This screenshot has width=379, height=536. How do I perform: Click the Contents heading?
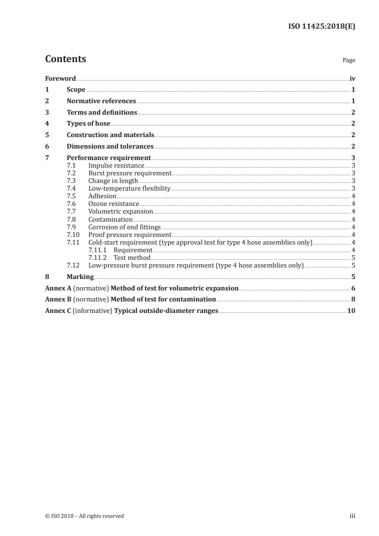(65, 59)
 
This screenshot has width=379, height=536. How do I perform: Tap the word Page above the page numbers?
(349, 61)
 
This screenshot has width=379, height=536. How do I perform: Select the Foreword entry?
(60, 78)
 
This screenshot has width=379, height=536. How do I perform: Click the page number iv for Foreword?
(352, 78)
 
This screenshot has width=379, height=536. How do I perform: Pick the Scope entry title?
(76, 90)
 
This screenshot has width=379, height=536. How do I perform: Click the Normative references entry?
(101, 101)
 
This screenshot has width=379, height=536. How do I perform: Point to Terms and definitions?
(102, 113)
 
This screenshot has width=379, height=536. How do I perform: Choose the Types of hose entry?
(88, 124)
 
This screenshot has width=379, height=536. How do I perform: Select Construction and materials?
(110, 135)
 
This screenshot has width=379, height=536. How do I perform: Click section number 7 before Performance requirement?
(47, 158)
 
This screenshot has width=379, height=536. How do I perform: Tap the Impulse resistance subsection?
(116, 166)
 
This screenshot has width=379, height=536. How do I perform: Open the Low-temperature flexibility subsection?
(129, 189)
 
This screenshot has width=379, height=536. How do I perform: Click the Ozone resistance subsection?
(113, 204)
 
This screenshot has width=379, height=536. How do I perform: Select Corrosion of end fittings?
(124, 227)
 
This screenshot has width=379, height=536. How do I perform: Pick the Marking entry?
(80, 277)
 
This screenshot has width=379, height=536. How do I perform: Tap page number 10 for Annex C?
(351, 311)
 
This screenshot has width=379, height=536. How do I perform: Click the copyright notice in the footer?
(85, 516)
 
